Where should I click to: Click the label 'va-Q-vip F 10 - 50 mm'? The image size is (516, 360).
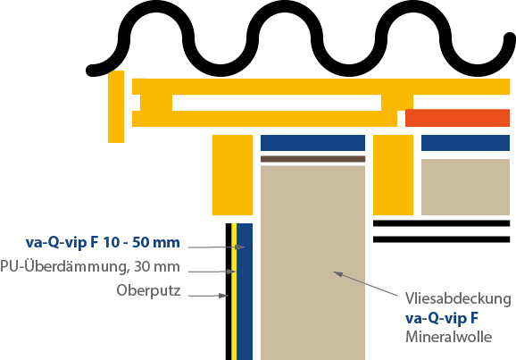pos(103,243)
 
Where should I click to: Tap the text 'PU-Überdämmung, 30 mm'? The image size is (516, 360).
pos(90,266)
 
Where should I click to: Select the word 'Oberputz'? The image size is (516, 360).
pos(148,291)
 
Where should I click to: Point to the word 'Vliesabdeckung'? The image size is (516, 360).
pos(458,298)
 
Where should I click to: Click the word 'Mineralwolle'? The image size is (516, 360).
pos(448,337)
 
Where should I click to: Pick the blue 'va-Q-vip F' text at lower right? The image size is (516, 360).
pos(442,318)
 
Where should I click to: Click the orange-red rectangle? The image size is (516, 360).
pos(457,118)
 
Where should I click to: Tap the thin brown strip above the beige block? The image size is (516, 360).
pos(312,159)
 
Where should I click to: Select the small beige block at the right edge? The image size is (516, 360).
pos(465,187)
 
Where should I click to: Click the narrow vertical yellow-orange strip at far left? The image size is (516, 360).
pos(116,106)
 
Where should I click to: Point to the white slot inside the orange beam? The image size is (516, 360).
pos(277,103)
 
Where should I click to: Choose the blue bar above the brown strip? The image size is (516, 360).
pos(312,143)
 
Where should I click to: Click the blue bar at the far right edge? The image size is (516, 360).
pos(465,143)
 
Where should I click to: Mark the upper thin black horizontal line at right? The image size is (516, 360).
pos(441,223)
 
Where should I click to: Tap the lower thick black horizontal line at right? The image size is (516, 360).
pos(441,239)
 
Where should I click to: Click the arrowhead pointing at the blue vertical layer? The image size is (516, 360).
pos(241,247)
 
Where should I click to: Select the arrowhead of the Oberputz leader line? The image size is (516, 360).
pos(224,296)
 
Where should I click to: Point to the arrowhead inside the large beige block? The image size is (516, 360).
pos(338,274)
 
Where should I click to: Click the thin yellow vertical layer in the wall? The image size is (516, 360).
pos(234,291)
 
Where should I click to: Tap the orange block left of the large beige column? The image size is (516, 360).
pos(232,175)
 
